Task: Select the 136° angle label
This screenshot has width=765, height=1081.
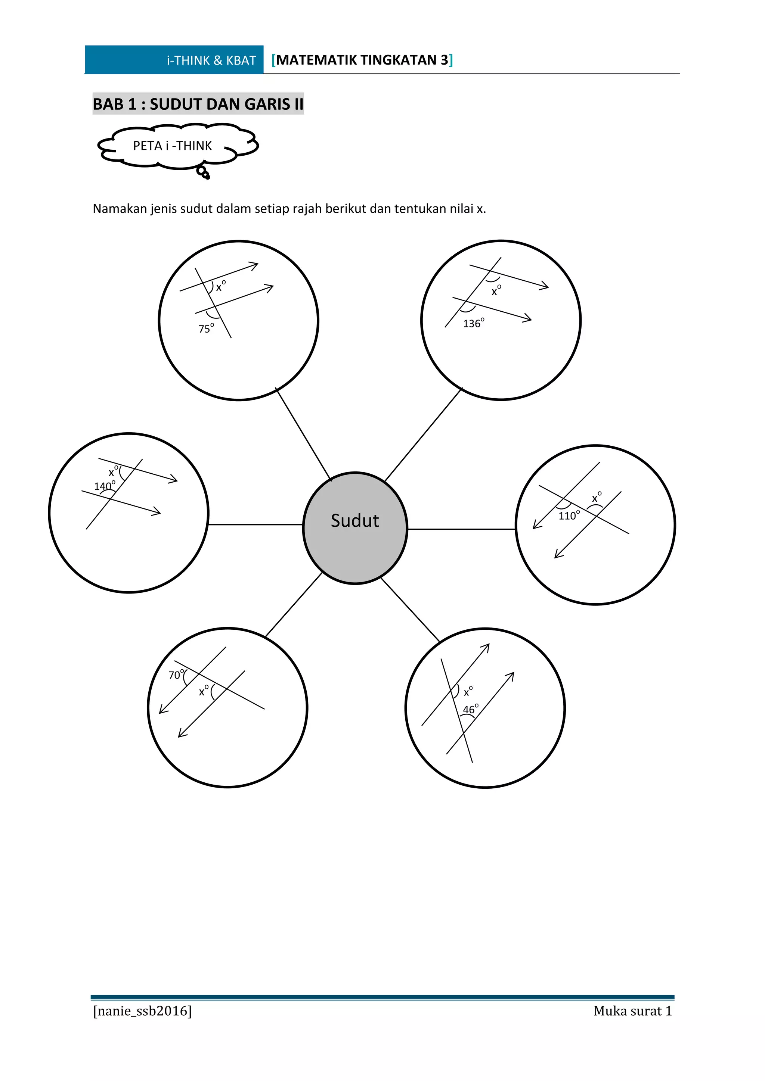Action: [473, 324]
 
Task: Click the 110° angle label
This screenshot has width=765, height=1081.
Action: [569, 515]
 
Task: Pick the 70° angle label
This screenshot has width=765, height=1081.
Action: [176, 675]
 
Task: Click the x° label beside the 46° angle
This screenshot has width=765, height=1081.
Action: [468, 692]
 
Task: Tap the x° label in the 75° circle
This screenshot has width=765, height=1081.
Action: [220, 286]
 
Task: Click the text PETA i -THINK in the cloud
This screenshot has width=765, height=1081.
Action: [173, 146]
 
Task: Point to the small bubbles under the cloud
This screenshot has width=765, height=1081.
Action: [204, 172]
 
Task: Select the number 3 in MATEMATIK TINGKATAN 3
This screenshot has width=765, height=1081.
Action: [444, 60]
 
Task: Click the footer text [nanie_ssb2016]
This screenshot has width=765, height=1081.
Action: [142, 1011]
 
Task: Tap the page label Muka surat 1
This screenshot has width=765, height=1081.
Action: [632, 1011]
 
